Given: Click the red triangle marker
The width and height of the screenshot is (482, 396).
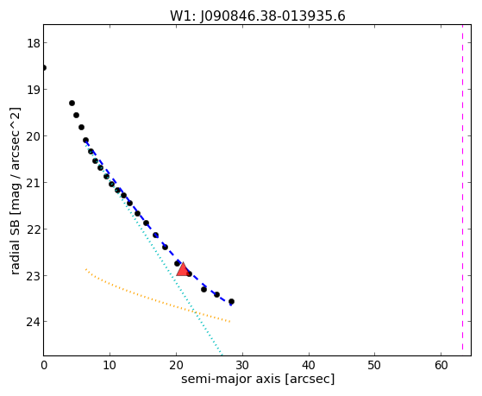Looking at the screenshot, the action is tap(183, 269).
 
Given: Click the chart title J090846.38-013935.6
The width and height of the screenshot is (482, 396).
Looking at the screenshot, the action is tap(272, 16).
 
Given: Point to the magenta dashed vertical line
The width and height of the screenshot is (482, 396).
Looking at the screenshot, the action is tap(462, 188).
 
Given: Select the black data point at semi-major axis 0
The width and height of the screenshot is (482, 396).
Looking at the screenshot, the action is tap(44, 67).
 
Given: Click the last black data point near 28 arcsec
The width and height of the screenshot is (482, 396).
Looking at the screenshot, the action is tap(231, 302).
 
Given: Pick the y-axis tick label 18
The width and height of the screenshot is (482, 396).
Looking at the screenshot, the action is tap(34, 43).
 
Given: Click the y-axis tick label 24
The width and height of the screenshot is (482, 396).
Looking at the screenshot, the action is tap(34, 322).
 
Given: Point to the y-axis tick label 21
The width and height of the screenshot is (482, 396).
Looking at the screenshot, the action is tap(34, 183).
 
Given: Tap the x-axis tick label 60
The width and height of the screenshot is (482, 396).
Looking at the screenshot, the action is tap(441, 365).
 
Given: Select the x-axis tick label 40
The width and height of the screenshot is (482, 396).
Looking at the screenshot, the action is tap(309, 365).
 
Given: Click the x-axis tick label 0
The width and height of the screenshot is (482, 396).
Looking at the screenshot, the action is tap(44, 365).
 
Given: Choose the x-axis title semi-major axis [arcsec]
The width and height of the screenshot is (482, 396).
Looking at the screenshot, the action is tap(258, 379).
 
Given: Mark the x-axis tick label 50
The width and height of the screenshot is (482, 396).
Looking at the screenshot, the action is tap(375, 365).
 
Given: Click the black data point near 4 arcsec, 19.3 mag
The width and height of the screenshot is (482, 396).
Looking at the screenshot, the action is tap(72, 103).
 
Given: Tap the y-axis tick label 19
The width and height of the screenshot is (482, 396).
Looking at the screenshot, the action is tap(34, 90).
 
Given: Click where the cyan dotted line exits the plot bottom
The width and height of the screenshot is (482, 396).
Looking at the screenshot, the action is tap(222, 355).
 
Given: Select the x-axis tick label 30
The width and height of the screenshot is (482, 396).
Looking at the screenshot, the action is tap(242, 365).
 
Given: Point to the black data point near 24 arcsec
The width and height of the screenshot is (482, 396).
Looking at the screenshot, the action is tap(203, 289).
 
